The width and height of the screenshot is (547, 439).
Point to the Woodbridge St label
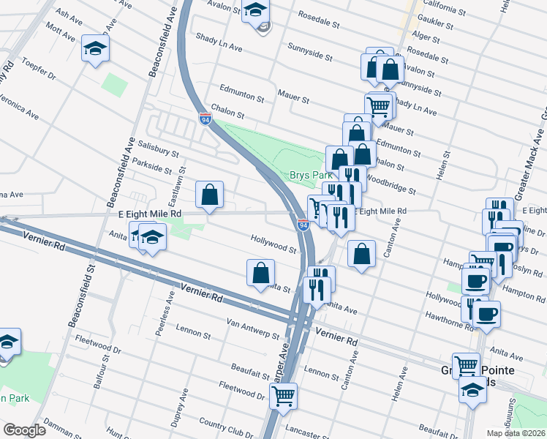pos(389,182)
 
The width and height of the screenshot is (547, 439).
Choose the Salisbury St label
pos(154,149)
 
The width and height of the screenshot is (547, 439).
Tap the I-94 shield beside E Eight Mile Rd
pos(303,225)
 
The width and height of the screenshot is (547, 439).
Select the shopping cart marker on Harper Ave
pos(283,397)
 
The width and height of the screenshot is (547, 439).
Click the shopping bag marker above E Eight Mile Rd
pos(209,195)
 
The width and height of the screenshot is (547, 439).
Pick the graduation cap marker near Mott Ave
pos(94,48)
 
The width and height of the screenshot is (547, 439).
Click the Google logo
pos(24,430)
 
